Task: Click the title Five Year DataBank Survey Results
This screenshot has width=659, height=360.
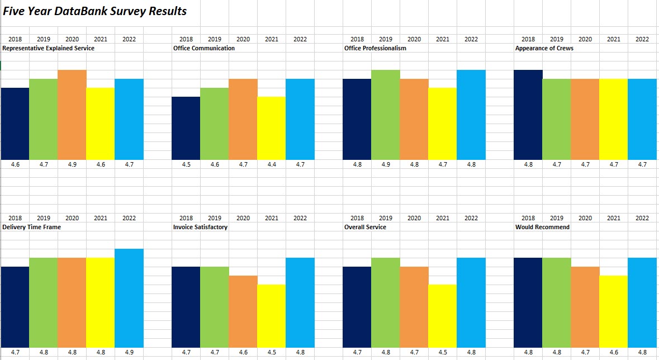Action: (95, 11)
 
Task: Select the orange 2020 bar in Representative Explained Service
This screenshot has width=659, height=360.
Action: (72, 115)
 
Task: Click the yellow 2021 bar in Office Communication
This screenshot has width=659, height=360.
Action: (271, 128)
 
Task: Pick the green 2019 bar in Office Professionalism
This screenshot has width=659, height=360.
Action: (386, 115)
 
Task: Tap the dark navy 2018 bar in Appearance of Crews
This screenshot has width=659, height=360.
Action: (528, 115)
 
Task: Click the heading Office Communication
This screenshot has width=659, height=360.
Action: (204, 48)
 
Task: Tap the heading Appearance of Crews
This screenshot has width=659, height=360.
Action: (544, 48)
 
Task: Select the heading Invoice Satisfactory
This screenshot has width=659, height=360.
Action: (200, 227)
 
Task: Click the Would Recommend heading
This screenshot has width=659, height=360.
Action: (542, 227)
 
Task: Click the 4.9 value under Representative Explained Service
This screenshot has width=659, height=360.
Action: (72, 165)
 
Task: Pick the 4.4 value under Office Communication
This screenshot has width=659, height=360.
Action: (271, 165)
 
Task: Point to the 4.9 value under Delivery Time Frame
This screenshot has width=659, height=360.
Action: (129, 353)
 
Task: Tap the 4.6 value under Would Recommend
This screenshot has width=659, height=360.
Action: (614, 353)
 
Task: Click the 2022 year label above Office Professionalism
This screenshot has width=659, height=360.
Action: (471, 39)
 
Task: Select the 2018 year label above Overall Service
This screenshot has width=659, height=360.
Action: (357, 218)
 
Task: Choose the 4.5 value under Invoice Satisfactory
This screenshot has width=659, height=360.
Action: (271, 353)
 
